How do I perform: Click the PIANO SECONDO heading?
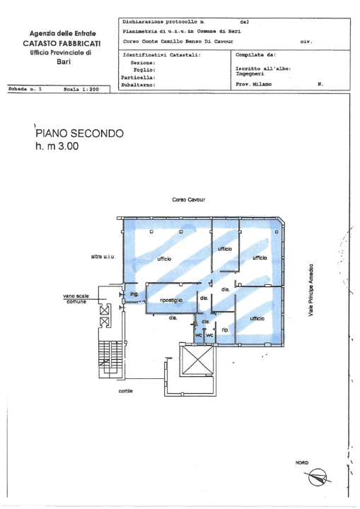(79, 134)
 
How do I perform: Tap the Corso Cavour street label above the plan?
(189, 200)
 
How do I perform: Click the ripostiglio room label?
(172, 300)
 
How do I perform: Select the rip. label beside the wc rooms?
(226, 329)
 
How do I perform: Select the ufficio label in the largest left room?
(164, 259)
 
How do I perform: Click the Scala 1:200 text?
(79, 90)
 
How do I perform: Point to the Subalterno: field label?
(138, 84)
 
